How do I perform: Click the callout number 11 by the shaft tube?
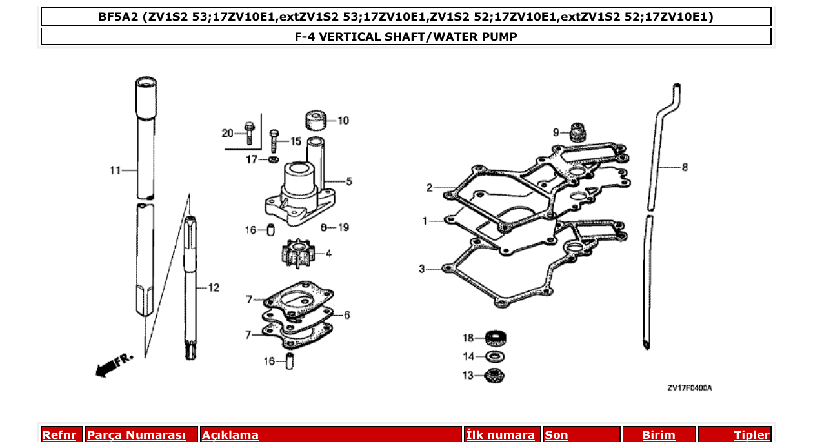click(115, 170)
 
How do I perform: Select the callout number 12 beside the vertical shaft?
click(214, 287)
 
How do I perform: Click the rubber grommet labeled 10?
click(314, 121)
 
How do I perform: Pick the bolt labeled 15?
click(274, 140)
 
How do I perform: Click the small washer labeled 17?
click(273, 159)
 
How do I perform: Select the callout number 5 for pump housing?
click(348, 182)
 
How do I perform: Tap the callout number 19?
click(343, 227)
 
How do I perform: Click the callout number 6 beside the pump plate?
click(346, 315)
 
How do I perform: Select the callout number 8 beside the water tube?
click(685, 167)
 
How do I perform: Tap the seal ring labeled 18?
click(496, 338)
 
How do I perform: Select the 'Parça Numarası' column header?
click(136, 435)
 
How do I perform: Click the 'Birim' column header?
click(658, 435)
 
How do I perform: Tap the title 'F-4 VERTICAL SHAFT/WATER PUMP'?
click(406, 37)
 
